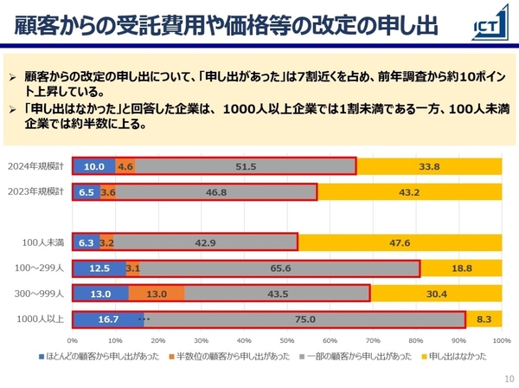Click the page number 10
[506, 378]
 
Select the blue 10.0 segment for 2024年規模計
[94, 166]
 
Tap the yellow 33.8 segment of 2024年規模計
[429, 166]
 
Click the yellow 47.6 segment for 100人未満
[400, 243]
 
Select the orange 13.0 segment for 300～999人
[157, 294]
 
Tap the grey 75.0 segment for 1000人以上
[304, 320]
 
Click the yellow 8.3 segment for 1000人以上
[484, 320]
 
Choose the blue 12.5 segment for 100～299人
[99, 268]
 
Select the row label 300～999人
[41, 294]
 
